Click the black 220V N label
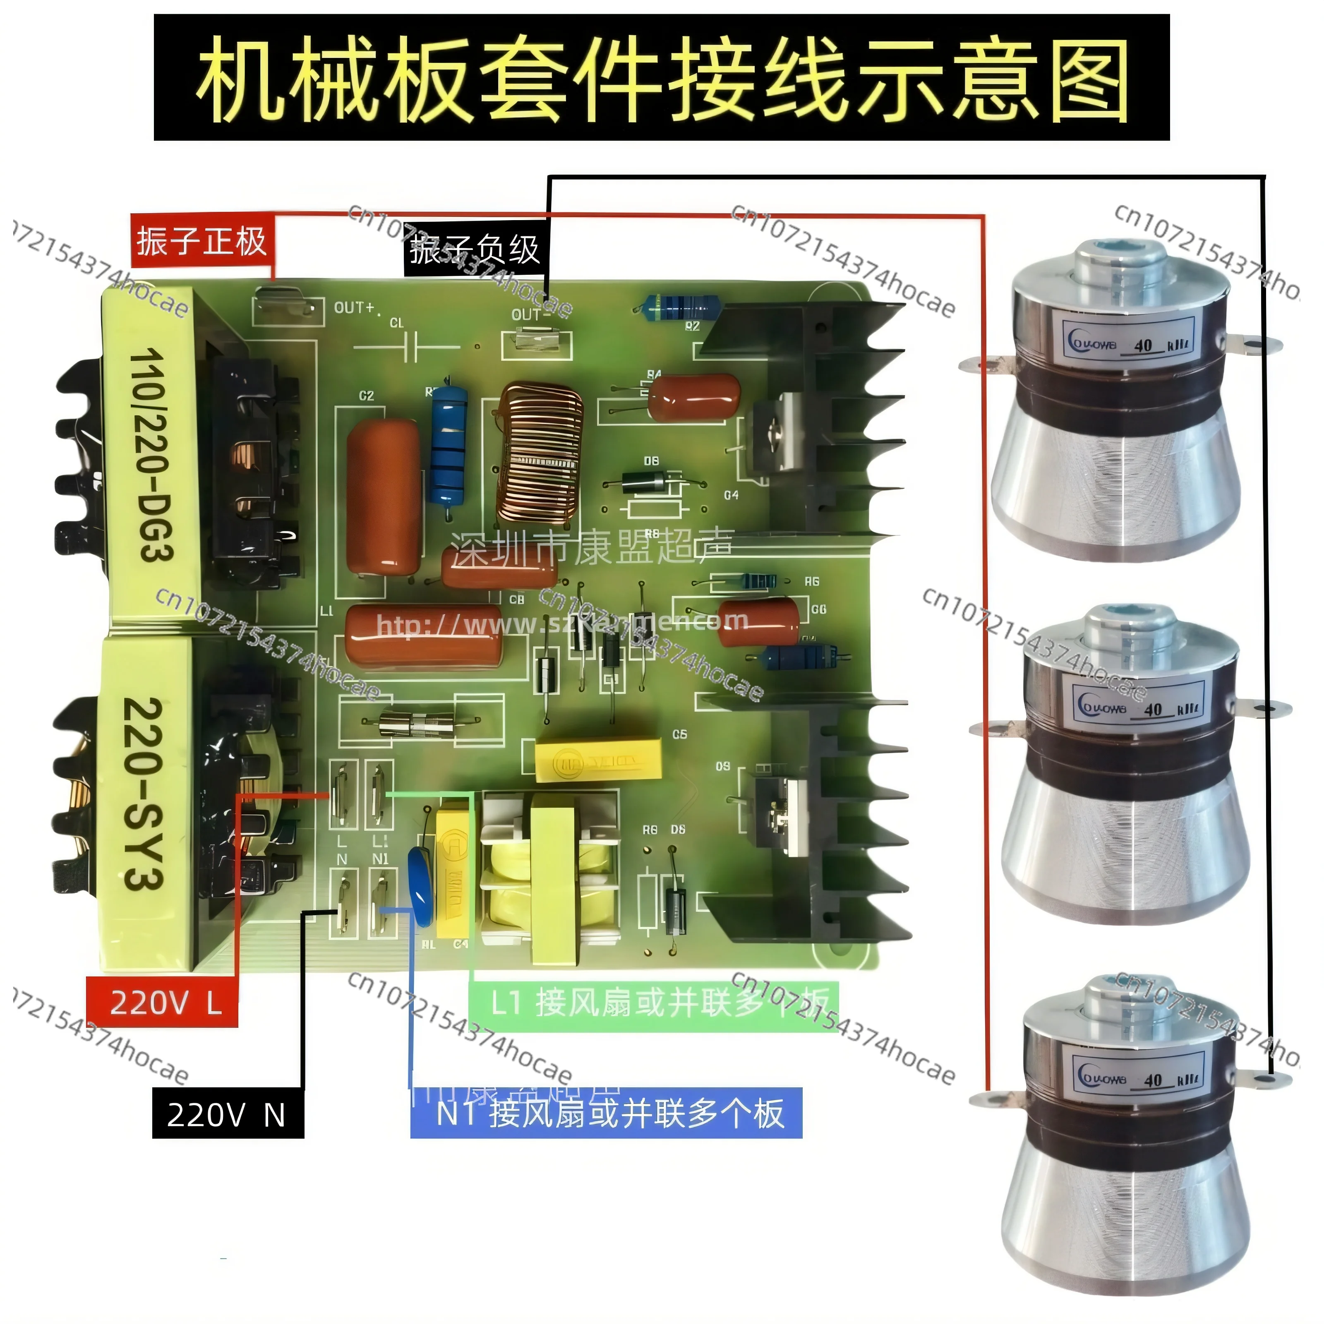(227, 1115)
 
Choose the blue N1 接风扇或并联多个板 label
(607, 1114)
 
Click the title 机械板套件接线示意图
(662, 77)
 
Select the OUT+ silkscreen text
(354, 308)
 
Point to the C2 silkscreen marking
(367, 396)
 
